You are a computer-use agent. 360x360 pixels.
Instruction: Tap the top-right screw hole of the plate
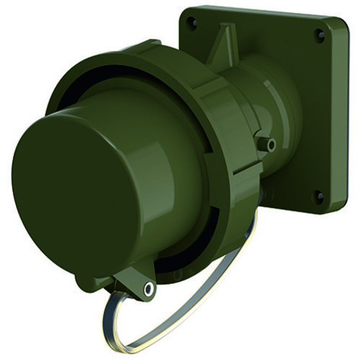pyautogui.click(x=320, y=35)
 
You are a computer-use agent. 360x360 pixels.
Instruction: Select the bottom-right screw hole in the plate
pyautogui.click(x=318, y=194)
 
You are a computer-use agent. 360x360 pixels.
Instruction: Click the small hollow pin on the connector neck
pyautogui.click(x=270, y=145)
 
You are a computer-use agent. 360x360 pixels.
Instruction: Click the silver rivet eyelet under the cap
pyautogui.click(x=148, y=289)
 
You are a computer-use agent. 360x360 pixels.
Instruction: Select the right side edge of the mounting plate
pyautogui.click(x=344, y=115)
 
